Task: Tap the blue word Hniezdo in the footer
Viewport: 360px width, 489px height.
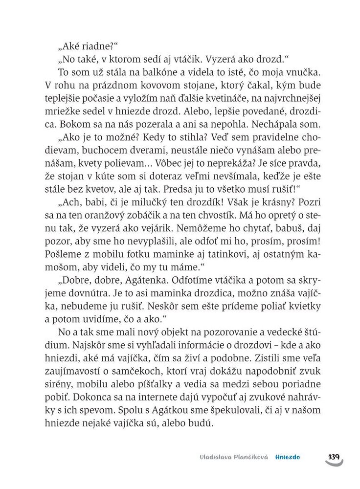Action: point(287,457)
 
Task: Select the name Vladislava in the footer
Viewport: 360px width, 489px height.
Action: point(207,457)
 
